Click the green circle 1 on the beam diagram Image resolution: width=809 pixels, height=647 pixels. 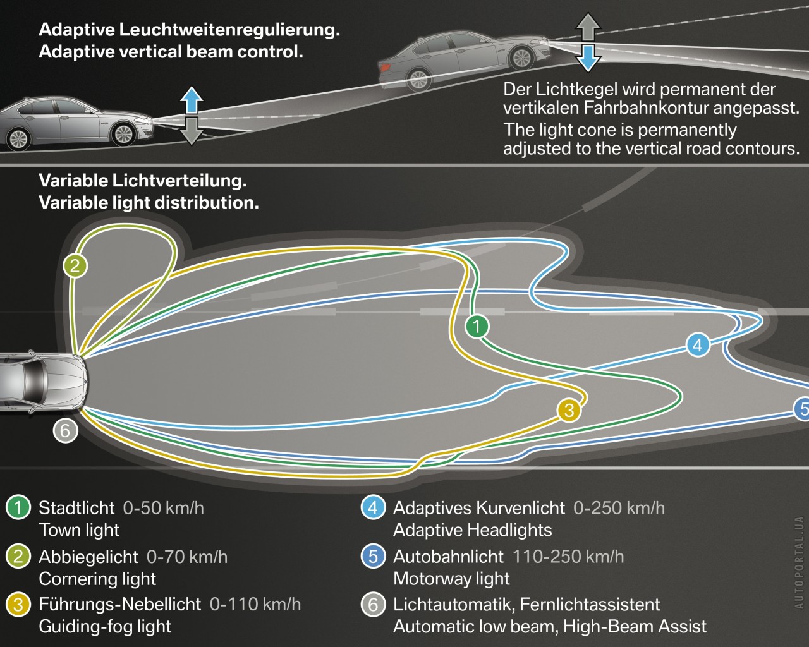tap(477, 327)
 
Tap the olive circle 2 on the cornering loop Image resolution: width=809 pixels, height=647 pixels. tap(75, 266)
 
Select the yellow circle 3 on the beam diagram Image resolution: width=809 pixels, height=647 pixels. tap(569, 411)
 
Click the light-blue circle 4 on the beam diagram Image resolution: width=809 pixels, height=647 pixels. tap(697, 345)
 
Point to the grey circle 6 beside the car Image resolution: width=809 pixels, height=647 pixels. tap(64, 431)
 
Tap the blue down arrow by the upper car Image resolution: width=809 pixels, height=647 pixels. tap(588, 57)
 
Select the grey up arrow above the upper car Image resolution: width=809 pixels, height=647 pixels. tap(588, 27)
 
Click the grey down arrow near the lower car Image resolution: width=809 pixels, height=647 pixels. tap(192, 131)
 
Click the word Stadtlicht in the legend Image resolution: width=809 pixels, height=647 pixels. tap(76, 508)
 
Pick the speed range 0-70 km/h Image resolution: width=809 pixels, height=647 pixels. tap(187, 557)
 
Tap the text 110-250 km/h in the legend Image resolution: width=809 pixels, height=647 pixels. tap(568, 557)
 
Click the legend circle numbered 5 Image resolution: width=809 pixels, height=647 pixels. tap(373, 557)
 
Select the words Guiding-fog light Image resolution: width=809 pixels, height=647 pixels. tap(105, 627)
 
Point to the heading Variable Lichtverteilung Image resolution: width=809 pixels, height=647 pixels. tap(143, 181)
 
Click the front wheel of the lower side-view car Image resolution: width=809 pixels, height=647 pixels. tap(123, 133)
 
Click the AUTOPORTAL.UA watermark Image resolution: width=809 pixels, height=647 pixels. tap(799, 562)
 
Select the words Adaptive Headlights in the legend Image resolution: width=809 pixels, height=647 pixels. tap(472, 530)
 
